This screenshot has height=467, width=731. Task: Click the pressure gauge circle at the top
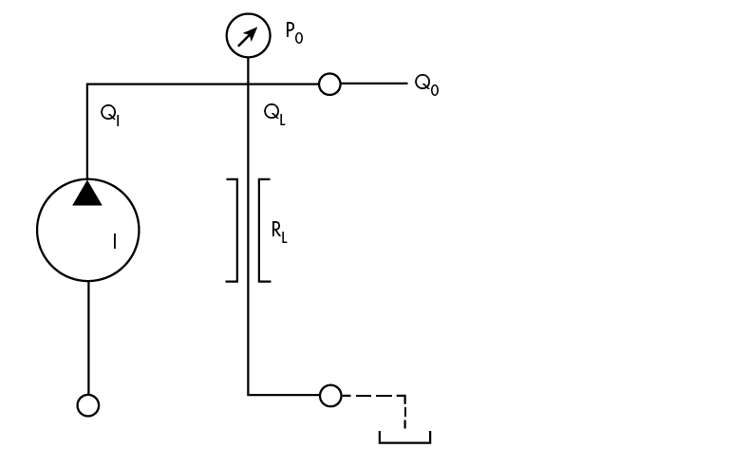[x=248, y=36]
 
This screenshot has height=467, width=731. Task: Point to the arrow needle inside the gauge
[x=249, y=36]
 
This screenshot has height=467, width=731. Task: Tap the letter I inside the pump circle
[x=114, y=242]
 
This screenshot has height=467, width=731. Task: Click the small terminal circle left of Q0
[x=329, y=84]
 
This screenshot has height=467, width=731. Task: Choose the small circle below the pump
[x=87, y=405]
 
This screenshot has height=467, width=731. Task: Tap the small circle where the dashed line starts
[x=329, y=395]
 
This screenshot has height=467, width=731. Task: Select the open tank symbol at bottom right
[x=404, y=439]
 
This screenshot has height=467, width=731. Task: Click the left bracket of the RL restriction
[x=234, y=230]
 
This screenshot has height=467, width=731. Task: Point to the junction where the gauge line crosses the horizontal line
[x=248, y=84]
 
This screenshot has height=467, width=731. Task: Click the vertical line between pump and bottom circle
[x=87, y=337]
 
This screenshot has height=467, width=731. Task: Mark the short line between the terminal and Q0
[x=372, y=84]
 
